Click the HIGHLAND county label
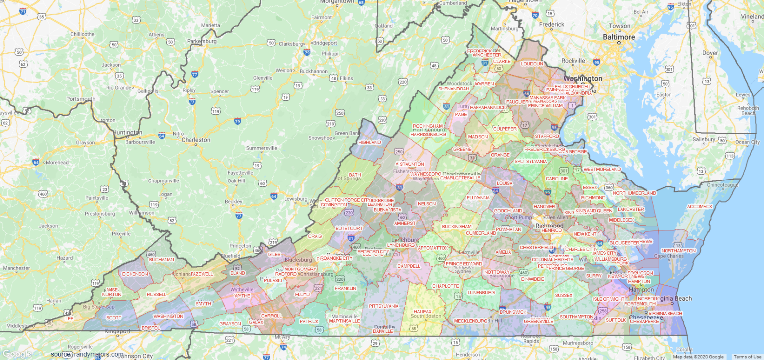click(369, 142)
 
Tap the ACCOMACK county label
click(700, 206)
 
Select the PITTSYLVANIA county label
click(383, 306)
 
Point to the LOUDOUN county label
click(532, 64)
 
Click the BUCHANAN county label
click(161, 259)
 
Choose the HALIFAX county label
click(423, 311)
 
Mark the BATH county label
click(355, 175)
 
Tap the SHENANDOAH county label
click(453, 89)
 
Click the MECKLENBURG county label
click(471, 321)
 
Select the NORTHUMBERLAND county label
click(634, 193)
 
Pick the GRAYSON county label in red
click(230, 324)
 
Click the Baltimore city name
click(619, 37)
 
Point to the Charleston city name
click(195, 140)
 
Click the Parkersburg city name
click(201, 41)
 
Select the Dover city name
click(710, 53)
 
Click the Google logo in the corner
click(17, 354)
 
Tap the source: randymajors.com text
click(87, 354)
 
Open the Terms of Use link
click(747, 357)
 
